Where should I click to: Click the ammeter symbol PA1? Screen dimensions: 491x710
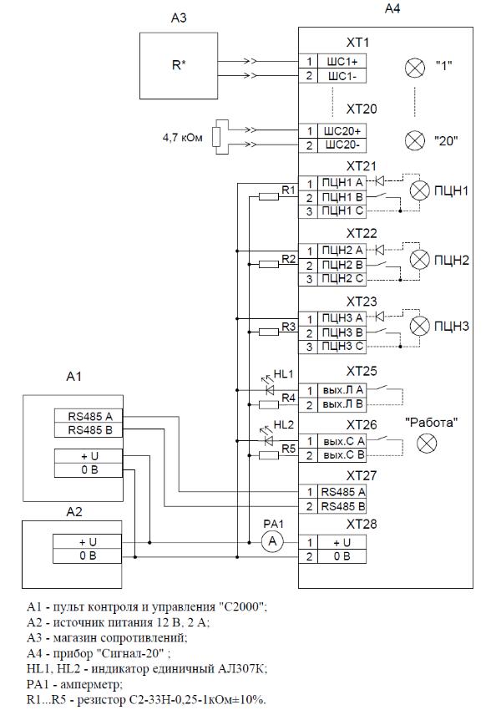pos(272,541)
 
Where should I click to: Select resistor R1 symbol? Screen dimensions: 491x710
pos(268,196)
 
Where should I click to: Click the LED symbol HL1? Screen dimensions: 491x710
pos(271,389)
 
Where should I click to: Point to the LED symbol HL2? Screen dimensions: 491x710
pos(269,439)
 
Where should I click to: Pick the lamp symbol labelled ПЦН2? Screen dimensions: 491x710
pos(419,260)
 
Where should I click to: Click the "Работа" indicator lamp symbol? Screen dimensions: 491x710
pos(427,444)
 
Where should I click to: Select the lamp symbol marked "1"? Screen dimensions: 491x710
pos(414,68)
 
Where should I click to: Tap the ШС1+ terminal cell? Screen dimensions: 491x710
pos(342,62)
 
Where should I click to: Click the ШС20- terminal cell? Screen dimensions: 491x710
pos(342,146)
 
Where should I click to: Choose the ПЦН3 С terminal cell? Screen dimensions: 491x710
pos(342,347)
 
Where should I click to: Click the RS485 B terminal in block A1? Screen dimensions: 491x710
pos(89,430)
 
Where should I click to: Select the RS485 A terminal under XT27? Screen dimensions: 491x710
pos(342,492)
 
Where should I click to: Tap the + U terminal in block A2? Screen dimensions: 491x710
pos(88,542)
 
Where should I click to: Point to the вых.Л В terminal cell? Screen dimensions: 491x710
pos(342,404)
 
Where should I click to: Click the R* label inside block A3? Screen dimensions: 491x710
pos(179,65)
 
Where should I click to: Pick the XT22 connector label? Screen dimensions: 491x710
pos(362,233)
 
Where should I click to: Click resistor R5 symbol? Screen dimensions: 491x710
pos(268,455)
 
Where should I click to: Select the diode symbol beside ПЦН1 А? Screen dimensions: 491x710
pos(379,181)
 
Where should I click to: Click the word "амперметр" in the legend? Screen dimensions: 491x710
pos(91,684)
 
